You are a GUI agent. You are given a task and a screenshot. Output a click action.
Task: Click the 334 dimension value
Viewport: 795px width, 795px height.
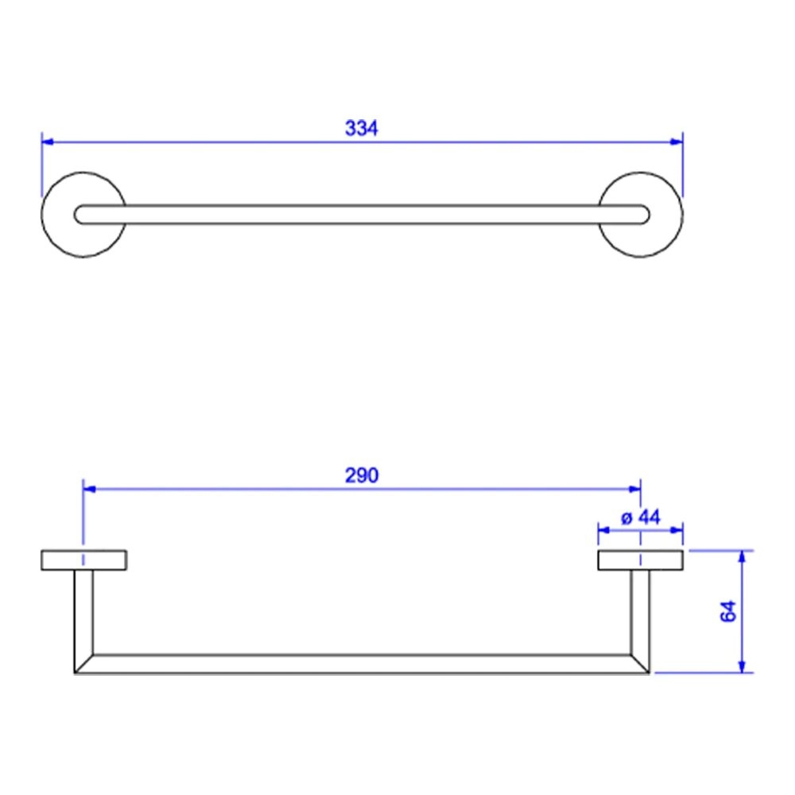(x=361, y=128)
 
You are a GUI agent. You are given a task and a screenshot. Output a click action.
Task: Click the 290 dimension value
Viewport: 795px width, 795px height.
(x=362, y=475)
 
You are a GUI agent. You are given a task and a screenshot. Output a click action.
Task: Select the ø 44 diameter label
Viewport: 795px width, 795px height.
(x=640, y=518)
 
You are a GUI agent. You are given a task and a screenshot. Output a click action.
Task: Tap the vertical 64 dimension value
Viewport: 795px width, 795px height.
(x=728, y=611)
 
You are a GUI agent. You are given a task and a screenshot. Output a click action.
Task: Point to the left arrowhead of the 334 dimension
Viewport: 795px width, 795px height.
(x=48, y=142)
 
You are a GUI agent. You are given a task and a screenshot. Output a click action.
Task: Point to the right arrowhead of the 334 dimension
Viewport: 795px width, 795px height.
(x=677, y=142)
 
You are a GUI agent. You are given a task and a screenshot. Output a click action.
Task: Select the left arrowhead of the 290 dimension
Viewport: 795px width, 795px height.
(x=89, y=489)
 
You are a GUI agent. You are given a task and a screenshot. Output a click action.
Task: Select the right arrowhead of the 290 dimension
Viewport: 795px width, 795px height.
(x=634, y=489)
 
